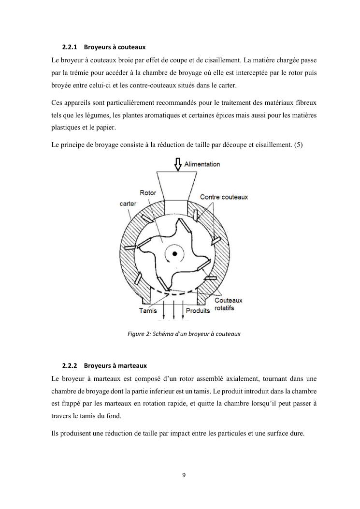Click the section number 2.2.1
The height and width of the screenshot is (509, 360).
tap(71, 47)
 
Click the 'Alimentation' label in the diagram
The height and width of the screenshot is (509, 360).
tap(202, 164)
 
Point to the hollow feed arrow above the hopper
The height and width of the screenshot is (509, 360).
tap(177, 164)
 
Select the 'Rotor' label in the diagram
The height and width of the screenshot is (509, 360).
tap(148, 193)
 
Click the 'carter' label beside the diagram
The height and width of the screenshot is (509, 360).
tap(128, 204)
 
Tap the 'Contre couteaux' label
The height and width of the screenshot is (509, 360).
tap(224, 197)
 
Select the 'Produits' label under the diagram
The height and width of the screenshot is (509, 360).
tap(198, 310)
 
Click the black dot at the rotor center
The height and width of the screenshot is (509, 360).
tap(174, 253)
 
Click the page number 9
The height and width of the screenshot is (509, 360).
tap(184, 475)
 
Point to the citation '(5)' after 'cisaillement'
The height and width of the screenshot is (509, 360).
tap(298, 144)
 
